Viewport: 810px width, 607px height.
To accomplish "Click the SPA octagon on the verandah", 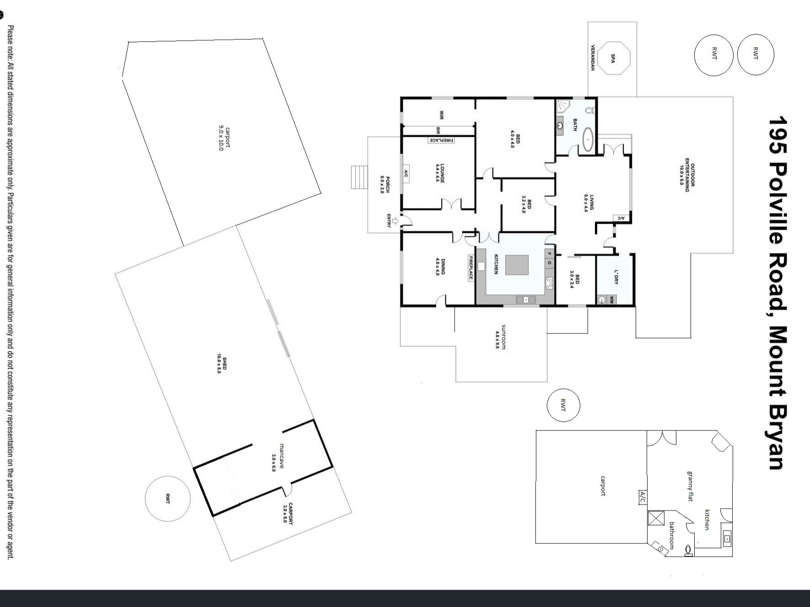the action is pyautogui.click(x=613, y=58).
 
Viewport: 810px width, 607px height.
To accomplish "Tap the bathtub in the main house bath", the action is pyautogui.click(x=588, y=139).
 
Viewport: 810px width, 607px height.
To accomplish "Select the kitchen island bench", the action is pyautogui.click(x=517, y=265).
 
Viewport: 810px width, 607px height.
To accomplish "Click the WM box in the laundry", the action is pyautogui.click(x=610, y=300).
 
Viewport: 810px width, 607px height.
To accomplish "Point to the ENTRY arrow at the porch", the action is pyautogui.click(x=395, y=222).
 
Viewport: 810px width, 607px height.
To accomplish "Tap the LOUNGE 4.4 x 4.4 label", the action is pyautogui.click(x=440, y=173).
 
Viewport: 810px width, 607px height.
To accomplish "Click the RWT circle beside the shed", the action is pyautogui.click(x=167, y=499).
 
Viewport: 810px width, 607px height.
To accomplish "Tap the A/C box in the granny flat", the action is pyautogui.click(x=643, y=497).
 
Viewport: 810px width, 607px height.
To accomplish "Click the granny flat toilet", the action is pyautogui.click(x=688, y=550).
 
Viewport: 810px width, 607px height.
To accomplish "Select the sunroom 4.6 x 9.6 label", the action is pyautogui.click(x=501, y=337).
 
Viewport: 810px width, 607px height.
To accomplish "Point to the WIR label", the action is pyautogui.click(x=442, y=114).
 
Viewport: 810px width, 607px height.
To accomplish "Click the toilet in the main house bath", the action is pyautogui.click(x=589, y=110).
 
